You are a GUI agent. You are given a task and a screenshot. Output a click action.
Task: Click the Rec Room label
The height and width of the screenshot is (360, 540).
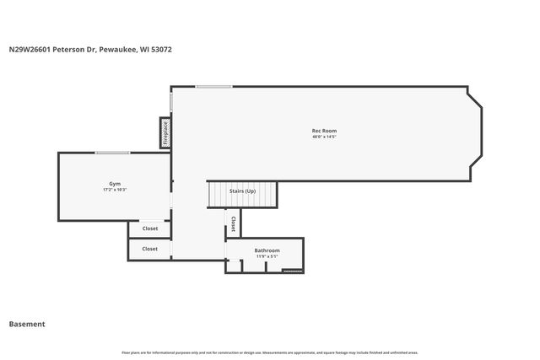324,131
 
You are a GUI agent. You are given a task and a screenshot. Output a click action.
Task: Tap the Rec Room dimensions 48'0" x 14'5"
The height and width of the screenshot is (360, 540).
324,137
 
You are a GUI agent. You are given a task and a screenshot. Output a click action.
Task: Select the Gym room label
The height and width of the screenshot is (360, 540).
115,184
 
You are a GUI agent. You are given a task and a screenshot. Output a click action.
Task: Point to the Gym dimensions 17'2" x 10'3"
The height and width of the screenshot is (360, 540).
115,190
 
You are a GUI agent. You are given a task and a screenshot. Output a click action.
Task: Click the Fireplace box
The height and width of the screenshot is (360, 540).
165,133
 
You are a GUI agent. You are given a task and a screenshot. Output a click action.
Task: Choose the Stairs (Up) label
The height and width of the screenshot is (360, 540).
242,191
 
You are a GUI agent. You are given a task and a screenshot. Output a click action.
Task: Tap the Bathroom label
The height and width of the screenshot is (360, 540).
267,250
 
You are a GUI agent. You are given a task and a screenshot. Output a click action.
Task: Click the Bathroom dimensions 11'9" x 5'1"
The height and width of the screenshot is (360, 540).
267,256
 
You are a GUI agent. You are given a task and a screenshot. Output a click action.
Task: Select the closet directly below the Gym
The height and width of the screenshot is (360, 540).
149,228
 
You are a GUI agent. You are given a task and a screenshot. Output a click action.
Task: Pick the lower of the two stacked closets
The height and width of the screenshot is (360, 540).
149,249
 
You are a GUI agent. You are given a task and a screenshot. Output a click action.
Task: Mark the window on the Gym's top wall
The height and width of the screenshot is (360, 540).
111,153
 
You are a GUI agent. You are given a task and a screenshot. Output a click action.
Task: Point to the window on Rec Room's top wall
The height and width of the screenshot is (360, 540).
214,86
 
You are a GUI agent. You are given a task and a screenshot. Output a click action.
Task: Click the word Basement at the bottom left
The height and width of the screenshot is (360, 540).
27,324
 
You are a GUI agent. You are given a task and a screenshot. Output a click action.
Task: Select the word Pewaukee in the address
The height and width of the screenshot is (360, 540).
119,49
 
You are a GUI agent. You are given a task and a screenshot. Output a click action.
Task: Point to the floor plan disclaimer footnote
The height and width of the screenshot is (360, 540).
270,352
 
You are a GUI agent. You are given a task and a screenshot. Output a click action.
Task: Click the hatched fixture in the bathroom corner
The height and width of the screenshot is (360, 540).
292,271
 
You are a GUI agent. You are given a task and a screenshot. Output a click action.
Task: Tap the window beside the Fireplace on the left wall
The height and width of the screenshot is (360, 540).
170,101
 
